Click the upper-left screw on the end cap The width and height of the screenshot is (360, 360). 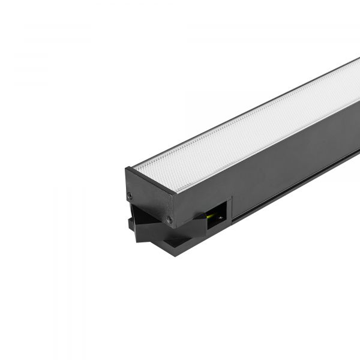click(x=130, y=194)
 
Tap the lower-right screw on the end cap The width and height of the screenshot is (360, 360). click(x=169, y=219)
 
